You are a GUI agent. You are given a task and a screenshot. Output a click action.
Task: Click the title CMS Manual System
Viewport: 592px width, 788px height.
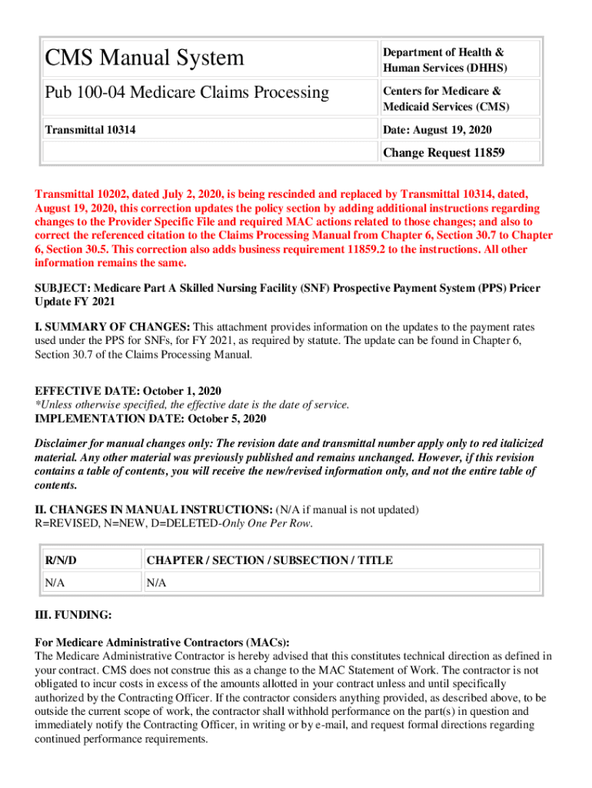pos(145,58)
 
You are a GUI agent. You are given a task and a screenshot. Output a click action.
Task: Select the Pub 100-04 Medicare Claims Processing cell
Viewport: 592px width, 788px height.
pos(187,93)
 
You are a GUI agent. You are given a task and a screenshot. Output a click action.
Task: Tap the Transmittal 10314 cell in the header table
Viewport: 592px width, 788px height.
pos(91,130)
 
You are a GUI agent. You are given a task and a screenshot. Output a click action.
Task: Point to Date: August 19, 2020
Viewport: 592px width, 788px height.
pos(437,130)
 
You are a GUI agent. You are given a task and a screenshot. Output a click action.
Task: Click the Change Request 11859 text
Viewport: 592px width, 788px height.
pos(444,152)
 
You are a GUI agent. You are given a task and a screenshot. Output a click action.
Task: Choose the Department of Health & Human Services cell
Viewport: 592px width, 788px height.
pos(444,60)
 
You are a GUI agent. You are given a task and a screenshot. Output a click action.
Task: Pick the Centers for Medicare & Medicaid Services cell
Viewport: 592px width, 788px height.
pos(446,99)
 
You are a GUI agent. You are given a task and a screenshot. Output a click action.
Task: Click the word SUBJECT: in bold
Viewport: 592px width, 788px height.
pos(62,288)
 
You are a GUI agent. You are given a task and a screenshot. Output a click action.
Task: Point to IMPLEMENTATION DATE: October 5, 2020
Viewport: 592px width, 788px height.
pos(151,419)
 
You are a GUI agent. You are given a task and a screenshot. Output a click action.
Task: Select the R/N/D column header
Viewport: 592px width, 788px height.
pos(61,560)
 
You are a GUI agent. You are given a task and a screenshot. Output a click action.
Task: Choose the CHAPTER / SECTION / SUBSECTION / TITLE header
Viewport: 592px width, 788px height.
pos(270,560)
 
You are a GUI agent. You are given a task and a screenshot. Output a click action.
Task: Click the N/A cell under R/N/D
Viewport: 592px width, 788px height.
pos(54,583)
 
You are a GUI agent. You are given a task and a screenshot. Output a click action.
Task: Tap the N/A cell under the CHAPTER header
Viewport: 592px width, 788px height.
pos(156,583)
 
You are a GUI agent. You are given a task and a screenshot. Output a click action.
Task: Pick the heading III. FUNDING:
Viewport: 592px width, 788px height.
pos(74,615)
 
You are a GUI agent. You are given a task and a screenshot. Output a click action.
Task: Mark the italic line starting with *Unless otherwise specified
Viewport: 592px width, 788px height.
pos(192,405)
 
